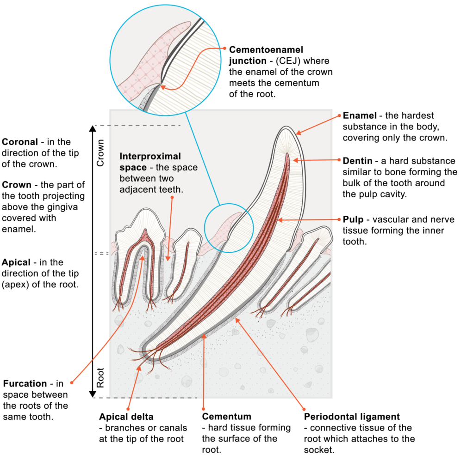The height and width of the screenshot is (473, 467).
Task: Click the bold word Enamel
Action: (x=359, y=115)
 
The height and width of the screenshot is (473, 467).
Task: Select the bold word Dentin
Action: (x=358, y=161)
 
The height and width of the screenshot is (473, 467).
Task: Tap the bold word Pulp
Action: (x=353, y=219)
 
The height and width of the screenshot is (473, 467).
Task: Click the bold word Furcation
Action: (x=25, y=384)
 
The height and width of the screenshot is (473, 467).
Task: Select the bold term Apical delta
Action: (x=126, y=417)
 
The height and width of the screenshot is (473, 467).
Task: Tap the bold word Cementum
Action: (x=227, y=417)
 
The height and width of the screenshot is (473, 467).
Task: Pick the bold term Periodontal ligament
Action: (x=352, y=417)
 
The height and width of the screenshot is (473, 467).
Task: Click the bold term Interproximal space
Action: (x=150, y=161)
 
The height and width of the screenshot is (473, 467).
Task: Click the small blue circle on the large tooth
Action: (x=229, y=228)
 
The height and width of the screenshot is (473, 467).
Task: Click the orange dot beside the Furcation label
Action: (x=72, y=382)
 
